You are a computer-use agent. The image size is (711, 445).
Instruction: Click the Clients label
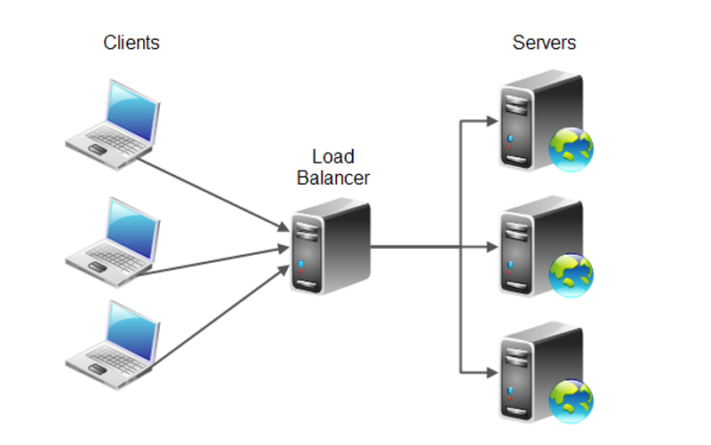point(132,42)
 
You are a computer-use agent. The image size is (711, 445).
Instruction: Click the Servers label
point(544,42)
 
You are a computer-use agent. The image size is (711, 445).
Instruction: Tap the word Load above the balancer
point(333,157)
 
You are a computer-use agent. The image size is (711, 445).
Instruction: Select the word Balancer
point(333,178)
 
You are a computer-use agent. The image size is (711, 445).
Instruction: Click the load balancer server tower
point(328,246)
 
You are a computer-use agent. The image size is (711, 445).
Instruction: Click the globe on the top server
point(571,148)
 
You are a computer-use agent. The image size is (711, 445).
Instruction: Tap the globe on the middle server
point(571,274)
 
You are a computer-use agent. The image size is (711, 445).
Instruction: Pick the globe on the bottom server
point(571,401)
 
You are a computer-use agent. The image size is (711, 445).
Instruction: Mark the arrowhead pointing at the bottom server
point(491,372)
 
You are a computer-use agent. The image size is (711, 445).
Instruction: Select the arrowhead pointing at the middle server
point(491,246)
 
